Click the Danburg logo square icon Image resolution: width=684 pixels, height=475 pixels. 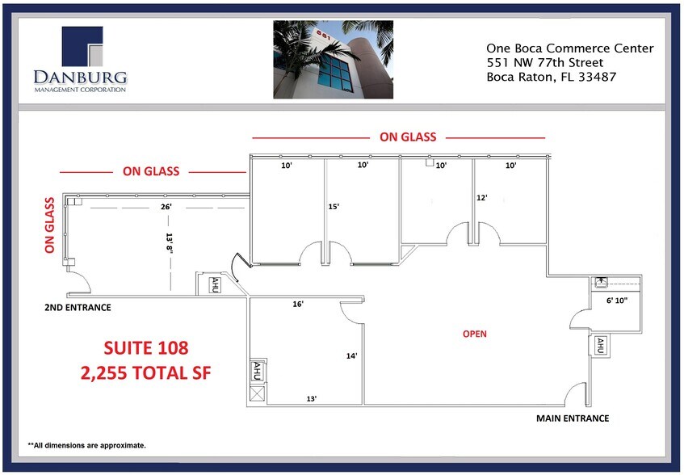click(81, 46)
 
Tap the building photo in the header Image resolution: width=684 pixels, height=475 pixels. click(333, 60)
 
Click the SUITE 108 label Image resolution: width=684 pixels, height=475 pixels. click(146, 348)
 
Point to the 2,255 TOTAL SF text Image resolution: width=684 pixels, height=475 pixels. click(145, 373)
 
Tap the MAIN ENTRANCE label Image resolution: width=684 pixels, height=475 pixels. click(573, 418)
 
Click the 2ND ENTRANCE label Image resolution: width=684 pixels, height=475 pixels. click(78, 308)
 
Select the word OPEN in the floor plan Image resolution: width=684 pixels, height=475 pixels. click(475, 334)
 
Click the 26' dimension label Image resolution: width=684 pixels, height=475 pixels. click(166, 207)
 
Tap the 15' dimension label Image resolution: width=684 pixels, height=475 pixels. click(334, 207)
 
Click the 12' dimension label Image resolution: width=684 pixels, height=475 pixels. click(482, 198)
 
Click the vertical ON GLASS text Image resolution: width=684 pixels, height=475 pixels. click(50, 225)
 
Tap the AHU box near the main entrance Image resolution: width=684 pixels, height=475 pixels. click(600, 346)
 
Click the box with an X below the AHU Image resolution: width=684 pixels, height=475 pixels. click(258, 394)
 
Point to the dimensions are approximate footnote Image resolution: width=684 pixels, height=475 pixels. click(87, 445)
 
